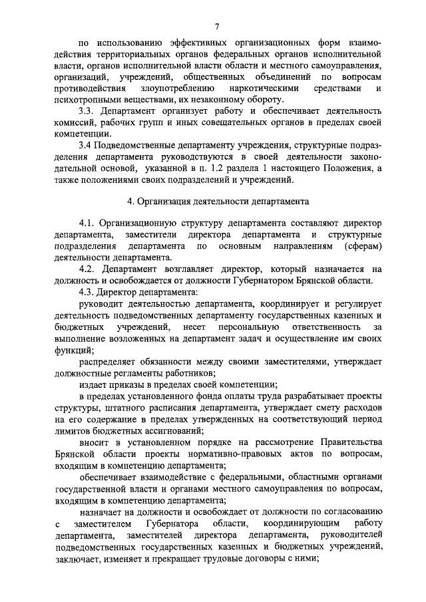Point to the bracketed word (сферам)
point(359,246)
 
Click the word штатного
point(122,407)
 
